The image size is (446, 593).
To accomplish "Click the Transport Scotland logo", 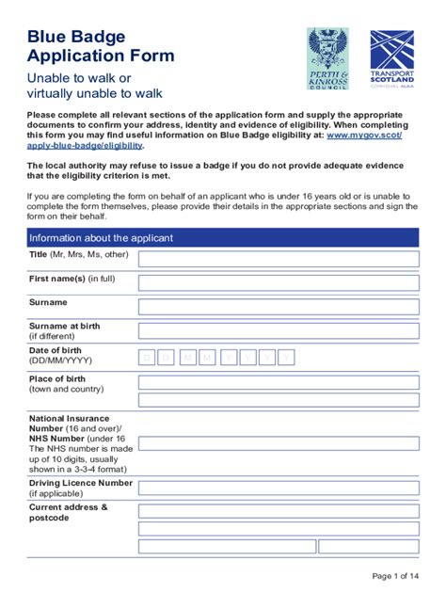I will (391, 58).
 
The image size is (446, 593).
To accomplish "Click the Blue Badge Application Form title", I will (101, 46).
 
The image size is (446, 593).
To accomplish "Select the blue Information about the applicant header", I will (223, 237).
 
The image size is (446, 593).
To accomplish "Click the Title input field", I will (279, 259).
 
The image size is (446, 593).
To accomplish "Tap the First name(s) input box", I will (279, 282).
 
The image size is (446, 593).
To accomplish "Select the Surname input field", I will (279, 306).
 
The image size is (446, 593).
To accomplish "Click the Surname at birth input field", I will (279, 330).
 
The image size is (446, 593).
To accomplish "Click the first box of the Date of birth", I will (148, 356).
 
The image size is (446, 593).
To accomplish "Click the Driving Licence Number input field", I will (279, 489).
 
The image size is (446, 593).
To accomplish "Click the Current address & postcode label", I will (68, 512).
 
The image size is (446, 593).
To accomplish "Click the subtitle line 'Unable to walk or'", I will (79, 77).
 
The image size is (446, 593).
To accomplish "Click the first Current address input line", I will (279, 511).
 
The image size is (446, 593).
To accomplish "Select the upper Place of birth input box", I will (279, 382).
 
